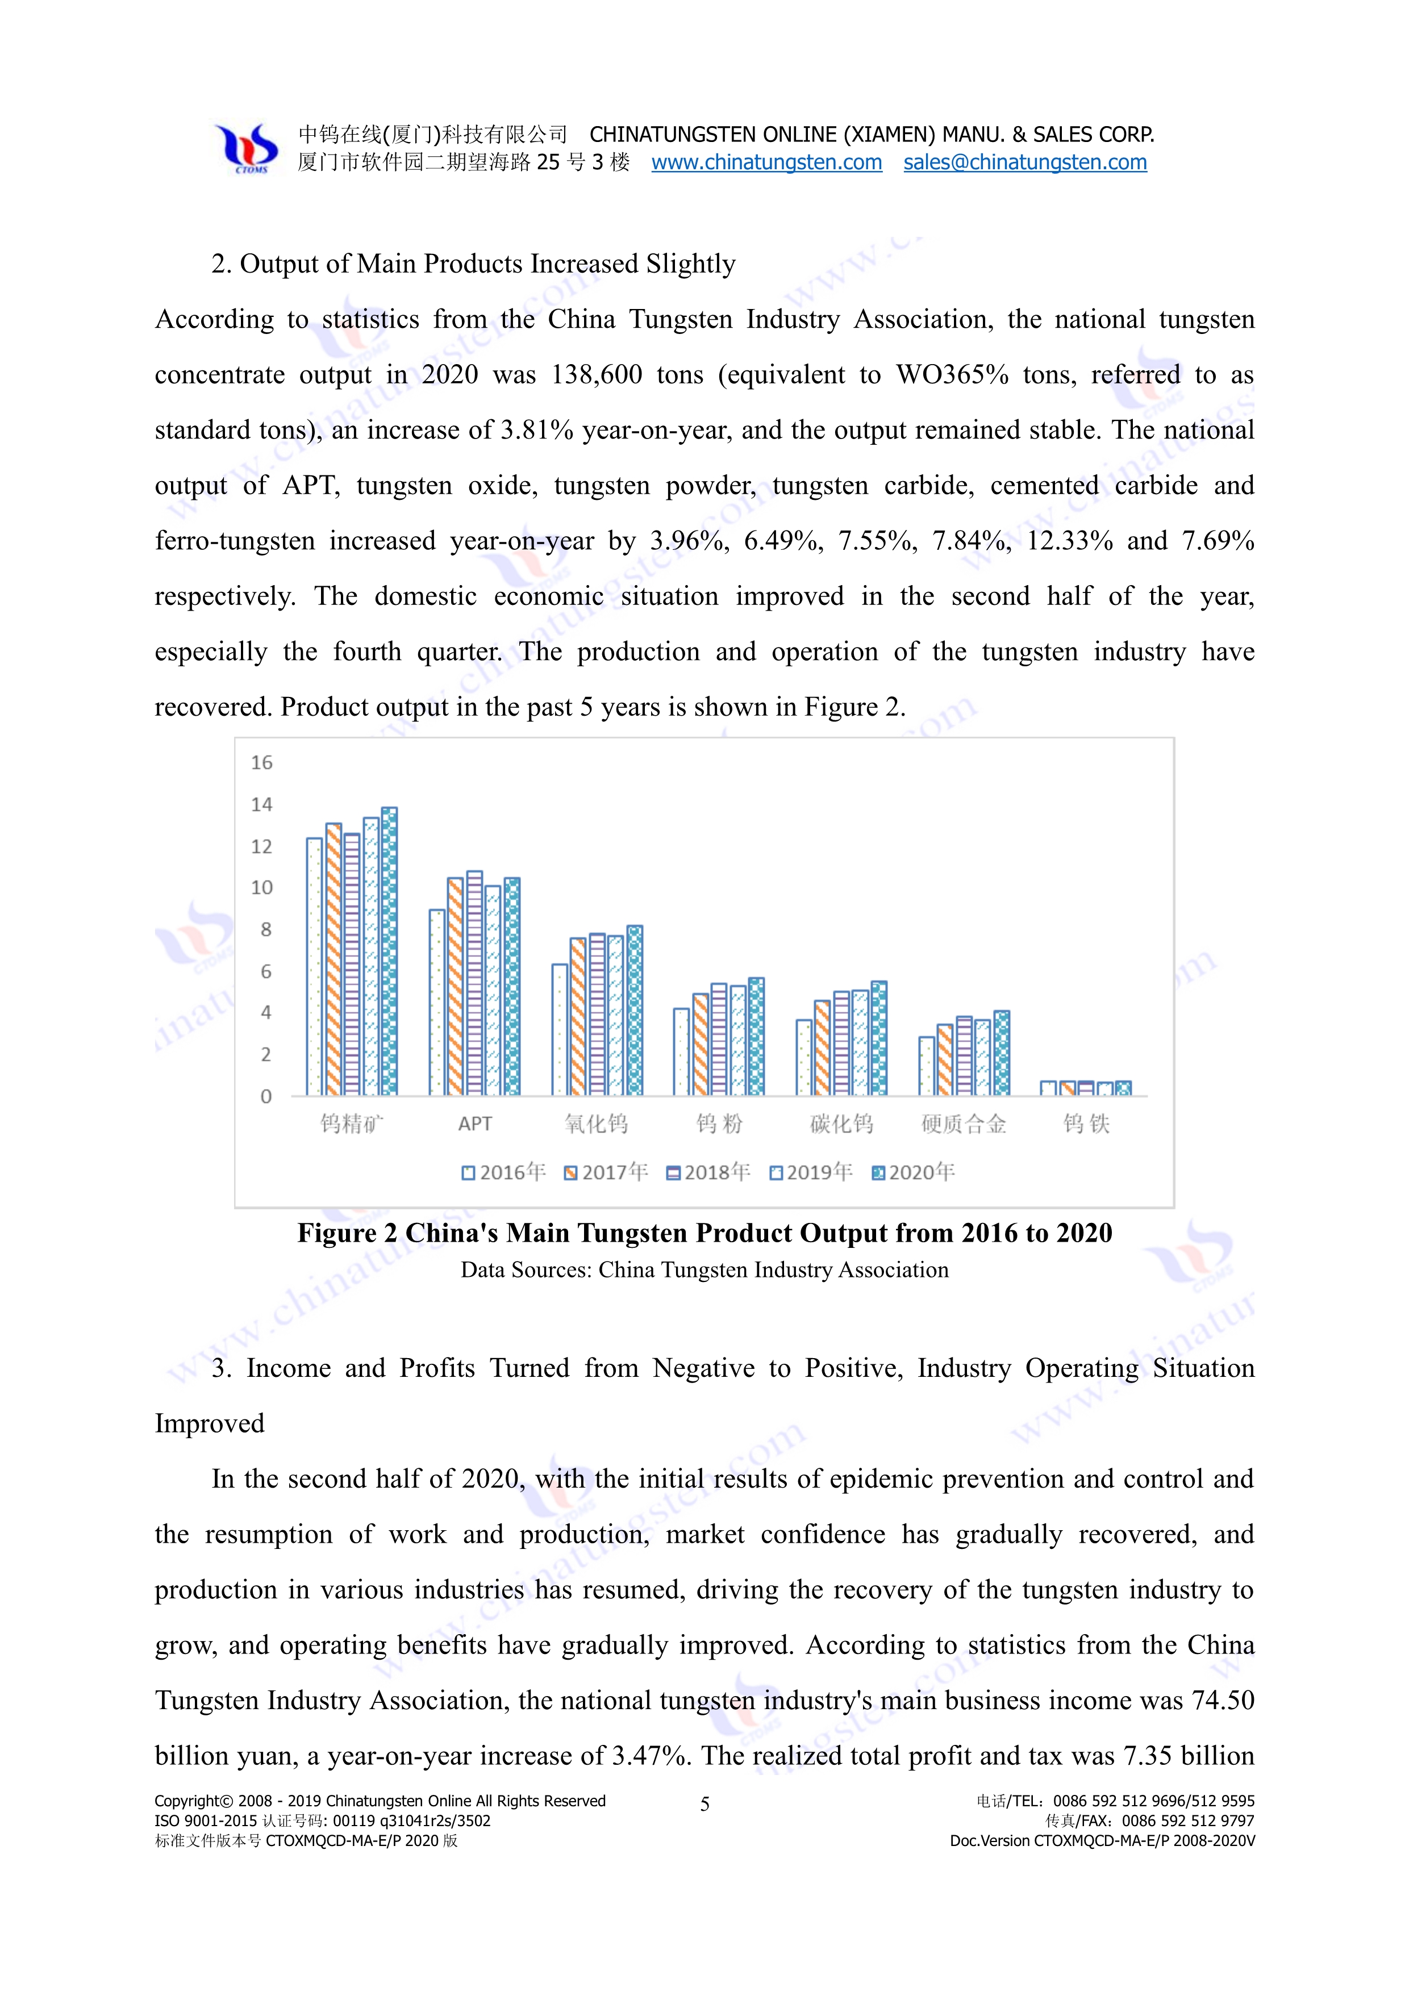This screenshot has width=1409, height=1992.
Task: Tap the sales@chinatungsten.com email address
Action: (1024, 162)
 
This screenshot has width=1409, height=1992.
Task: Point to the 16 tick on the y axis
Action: (261, 763)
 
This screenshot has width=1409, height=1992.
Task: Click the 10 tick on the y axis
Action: (261, 888)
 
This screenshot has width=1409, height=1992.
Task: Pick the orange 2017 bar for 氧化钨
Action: (578, 1016)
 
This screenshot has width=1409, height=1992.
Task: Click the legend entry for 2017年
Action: (606, 1172)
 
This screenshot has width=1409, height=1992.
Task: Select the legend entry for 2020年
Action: (914, 1172)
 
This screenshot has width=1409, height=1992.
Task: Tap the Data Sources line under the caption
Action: (704, 1270)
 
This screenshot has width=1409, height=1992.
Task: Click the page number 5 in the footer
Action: (704, 1805)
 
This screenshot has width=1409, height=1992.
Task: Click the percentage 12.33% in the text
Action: (1069, 541)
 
